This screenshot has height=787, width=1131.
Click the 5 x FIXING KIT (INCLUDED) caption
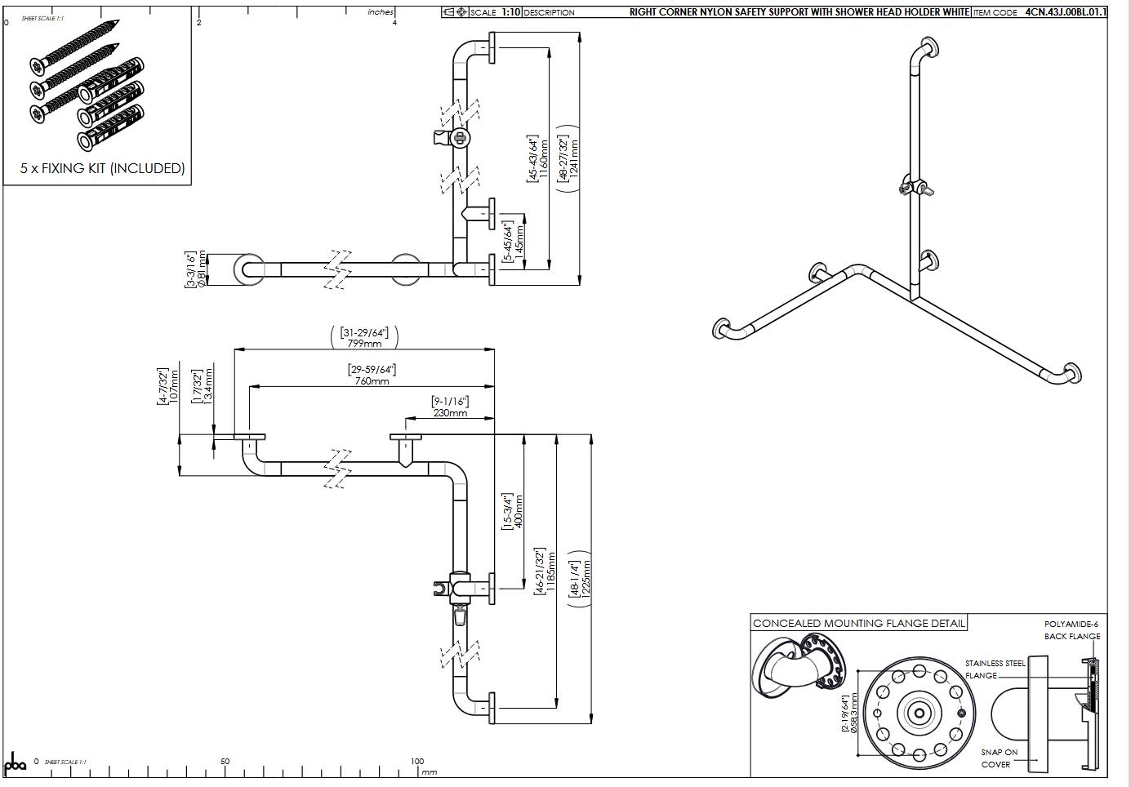pyautogui.click(x=102, y=169)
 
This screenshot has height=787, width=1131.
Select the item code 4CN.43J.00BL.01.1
pyautogui.click(x=1066, y=12)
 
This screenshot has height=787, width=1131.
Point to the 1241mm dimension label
pyautogui.click(x=574, y=158)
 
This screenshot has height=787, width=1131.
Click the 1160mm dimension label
pyautogui.click(x=543, y=158)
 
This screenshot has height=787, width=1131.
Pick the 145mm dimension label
pyautogui.click(x=519, y=242)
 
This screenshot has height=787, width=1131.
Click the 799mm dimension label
pyautogui.click(x=364, y=344)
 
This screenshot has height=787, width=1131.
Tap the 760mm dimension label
pyautogui.click(x=372, y=381)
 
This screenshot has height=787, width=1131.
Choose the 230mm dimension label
pyautogui.click(x=450, y=412)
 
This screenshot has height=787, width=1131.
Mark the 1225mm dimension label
pyautogui.click(x=586, y=579)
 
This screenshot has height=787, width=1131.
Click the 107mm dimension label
pyautogui.click(x=173, y=386)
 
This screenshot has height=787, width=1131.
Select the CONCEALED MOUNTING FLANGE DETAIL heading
pyautogui.click(x=858, y=624)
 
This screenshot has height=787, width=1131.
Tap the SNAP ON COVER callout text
pyautogui.click(x=999, y=758)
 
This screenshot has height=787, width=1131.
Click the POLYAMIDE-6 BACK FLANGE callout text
pyautogui.click(x=1071, y=630)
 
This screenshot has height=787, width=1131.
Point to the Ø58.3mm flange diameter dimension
pyautogui.click(x=855, y=714)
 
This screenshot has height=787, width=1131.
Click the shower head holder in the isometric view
pyautogui.click(x=916, y=186)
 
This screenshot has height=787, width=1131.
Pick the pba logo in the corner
pyautogui.click(x=16, y=764)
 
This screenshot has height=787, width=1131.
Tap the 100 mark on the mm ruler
pyautogui.click(x=417, y=761)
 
